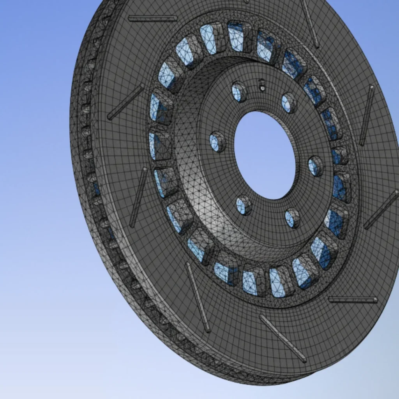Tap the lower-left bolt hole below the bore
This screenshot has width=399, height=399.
pos(243,205)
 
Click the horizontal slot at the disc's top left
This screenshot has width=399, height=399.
pos(152,18)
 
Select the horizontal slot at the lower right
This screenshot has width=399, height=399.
pos(353,300)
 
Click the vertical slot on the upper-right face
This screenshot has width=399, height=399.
pos(367,115)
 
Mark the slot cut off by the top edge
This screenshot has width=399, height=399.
pos(311,23)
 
